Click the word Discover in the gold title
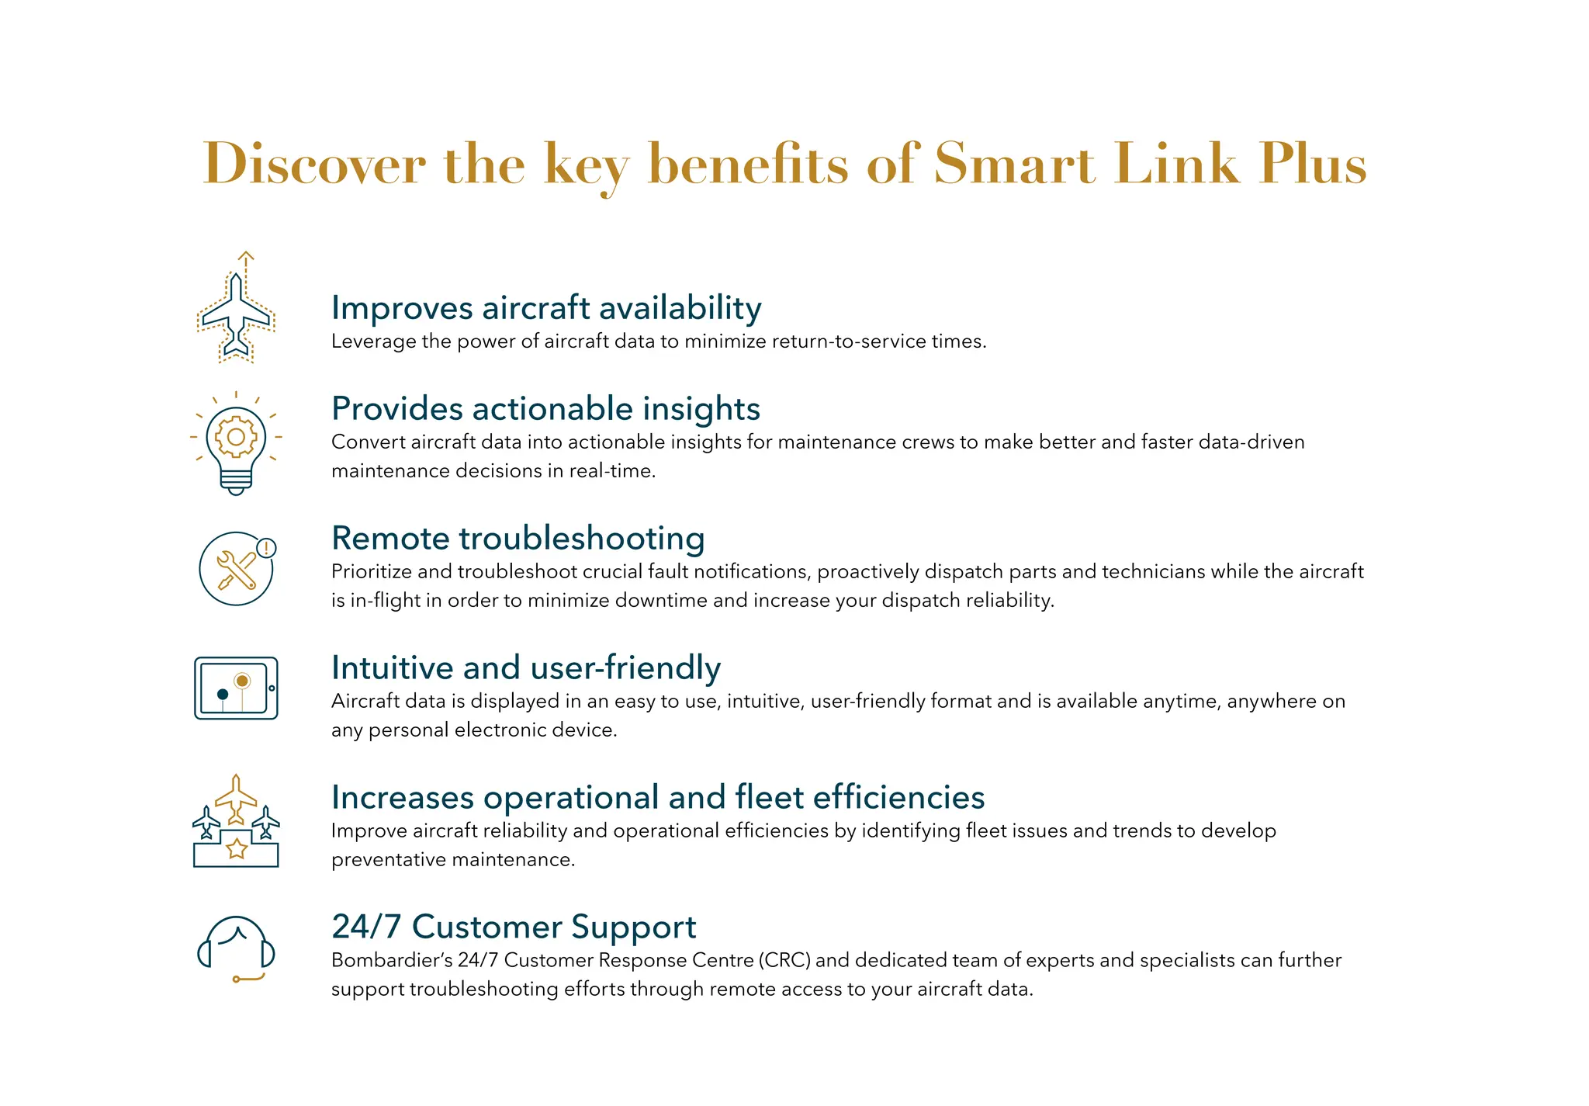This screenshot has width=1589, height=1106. [x=314, y=164]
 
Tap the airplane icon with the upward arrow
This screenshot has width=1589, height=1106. [x=236, y=310]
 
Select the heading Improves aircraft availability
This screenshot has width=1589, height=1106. [x=546, y=308]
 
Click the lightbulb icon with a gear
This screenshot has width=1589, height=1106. [x=236, y=443]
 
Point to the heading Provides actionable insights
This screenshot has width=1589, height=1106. [x=545, y=409]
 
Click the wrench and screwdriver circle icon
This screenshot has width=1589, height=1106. [x=236, y=569]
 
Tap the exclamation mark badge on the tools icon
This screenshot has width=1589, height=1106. [x=266, y=548]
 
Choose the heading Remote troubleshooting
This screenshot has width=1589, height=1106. [x=518, y=539]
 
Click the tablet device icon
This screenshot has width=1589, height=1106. [x=236, y=688]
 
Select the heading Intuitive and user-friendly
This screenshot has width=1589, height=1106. [x=526, y=668]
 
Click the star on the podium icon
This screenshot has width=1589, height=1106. [x=236, y=848]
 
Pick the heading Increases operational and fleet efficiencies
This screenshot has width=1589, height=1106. [x=658, y=798]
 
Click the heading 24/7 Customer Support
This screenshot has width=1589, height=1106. [x=514, y=927]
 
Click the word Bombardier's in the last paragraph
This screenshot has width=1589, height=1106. [x=392, y=961]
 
